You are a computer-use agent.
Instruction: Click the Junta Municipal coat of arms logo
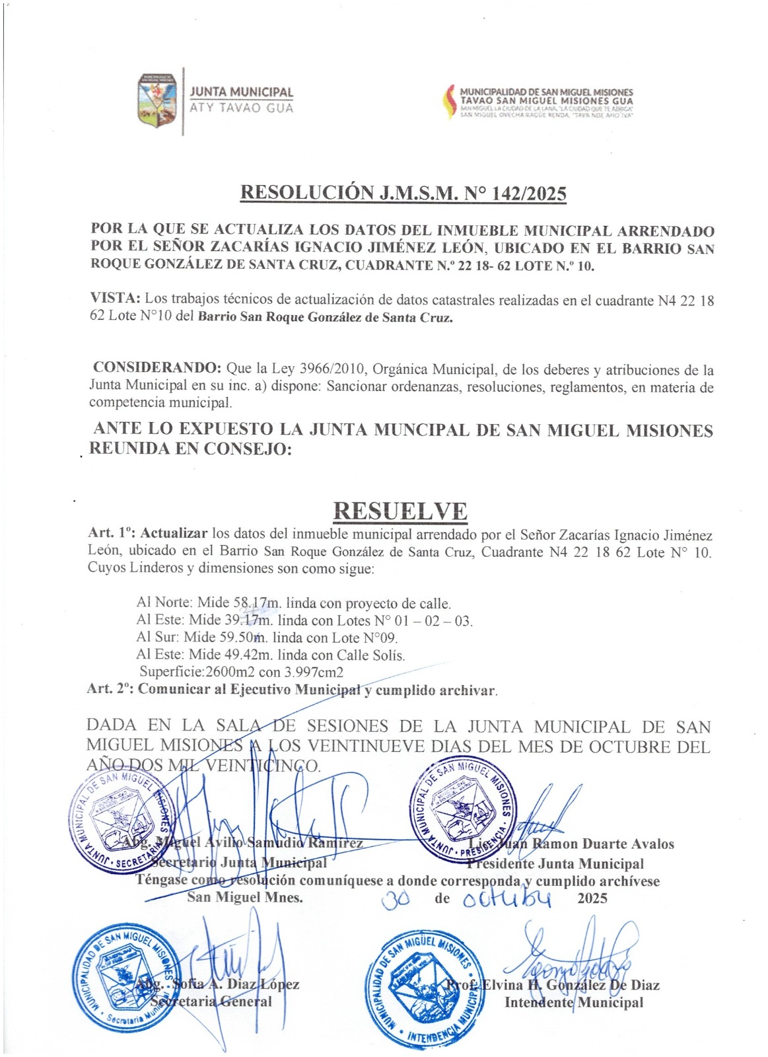point(158,101)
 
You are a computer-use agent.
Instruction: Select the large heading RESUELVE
point(400,511)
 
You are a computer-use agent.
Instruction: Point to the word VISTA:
point(115,300)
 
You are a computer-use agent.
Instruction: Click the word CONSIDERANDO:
point(157,368)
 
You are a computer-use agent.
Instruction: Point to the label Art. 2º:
point(110,689)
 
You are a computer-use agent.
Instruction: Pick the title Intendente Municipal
point(573,1002)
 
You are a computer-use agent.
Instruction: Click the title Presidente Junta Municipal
point(555,863)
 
